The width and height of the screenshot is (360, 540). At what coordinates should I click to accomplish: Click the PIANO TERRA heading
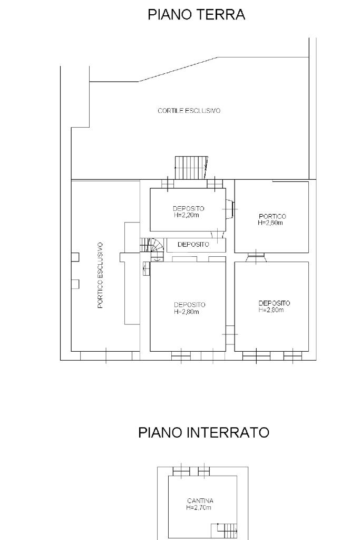pos(196,15)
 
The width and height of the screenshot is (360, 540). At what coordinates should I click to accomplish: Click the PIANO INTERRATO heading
pos(203,432)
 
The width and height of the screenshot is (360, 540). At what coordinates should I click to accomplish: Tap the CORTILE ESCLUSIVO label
pos(189,111)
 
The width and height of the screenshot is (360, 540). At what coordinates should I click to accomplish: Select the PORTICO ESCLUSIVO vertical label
pos(100,275)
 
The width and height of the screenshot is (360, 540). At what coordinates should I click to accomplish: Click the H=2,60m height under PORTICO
pos(270,223)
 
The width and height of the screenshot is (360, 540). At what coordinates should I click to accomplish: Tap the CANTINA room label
pos(200,501)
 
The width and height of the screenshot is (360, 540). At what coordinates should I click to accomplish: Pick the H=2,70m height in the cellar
pos(199,507)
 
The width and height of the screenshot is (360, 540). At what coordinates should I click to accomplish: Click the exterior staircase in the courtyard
pos(192,168)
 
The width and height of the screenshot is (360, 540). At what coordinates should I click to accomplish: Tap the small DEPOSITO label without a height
pos(193,245)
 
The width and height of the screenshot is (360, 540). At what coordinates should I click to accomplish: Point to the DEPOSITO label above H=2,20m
pos(188,208)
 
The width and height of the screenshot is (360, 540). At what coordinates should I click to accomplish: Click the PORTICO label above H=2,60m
pos(272,216)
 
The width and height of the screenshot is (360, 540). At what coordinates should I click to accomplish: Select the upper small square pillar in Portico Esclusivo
pos(75,257)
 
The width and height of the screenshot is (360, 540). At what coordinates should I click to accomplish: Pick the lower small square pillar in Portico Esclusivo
pos(75,284)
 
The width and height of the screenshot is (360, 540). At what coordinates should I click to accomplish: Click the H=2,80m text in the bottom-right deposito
pos(271,310)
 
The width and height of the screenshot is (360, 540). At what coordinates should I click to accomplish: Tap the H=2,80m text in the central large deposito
pos(187,312)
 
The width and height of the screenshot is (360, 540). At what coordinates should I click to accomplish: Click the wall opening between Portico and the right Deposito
pos(256,257)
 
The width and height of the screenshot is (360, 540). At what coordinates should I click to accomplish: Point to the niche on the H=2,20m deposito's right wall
pos(230,209)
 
